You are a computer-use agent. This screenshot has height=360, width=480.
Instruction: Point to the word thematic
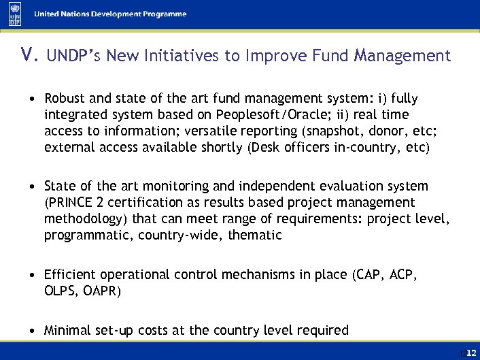coord(255,235)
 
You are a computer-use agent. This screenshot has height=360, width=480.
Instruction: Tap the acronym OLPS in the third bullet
coord(59,291)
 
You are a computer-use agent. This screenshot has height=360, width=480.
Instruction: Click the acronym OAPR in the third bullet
coord(101,291)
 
